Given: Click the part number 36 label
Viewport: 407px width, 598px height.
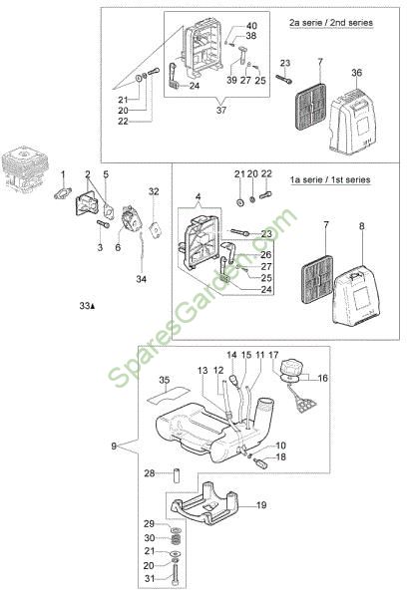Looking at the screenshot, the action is tap(356, 73).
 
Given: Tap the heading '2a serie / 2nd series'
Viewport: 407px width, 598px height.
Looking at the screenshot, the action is tap(330, 23).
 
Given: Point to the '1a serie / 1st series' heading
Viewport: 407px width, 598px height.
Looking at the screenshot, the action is tap(330, 179).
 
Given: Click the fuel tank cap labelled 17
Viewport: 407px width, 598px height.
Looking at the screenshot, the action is tap(291, 369).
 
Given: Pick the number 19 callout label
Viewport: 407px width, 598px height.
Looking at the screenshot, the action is tap(261, 505).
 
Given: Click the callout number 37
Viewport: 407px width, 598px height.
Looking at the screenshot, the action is tap(221, 111).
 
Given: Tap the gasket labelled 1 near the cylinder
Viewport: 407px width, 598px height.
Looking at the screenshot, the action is tap(63, 193).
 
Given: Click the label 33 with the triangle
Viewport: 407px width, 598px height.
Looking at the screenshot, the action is tap(87, 306).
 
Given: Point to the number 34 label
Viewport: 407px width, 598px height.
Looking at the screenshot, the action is tap(142, 279).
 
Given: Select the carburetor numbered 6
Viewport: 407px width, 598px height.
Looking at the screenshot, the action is tap(131, 218).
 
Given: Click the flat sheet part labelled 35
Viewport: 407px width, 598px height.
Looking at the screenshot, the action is tap(168, 394).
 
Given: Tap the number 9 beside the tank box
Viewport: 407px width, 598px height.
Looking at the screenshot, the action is tap(114, 446).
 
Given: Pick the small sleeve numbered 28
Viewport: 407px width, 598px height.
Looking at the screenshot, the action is tap(177, 473).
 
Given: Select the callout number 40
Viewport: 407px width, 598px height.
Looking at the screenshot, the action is tap(251, 26).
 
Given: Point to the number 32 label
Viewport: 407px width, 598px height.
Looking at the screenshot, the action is tap(154, 191).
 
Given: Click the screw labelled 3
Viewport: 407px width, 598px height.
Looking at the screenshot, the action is tap(104, 224).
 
